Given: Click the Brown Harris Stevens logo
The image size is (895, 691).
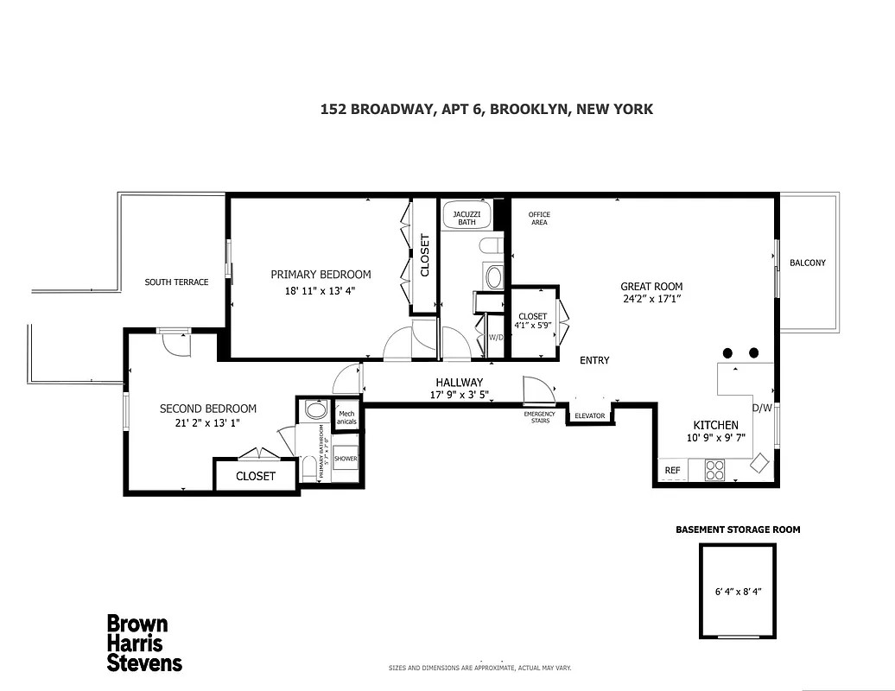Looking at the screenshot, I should [143, 643].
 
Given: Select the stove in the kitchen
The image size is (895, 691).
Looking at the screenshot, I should [715, 470].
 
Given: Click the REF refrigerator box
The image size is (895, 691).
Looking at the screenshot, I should [672, 471].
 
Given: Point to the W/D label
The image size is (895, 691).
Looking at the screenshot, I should [496, 338].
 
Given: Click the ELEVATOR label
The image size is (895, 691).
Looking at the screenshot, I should [589, 416].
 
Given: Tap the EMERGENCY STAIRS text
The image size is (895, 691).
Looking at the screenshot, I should [539, 418].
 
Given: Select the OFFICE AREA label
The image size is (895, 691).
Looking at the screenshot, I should [539, 219].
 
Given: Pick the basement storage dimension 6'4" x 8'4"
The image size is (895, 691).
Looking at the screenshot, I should [736, 593].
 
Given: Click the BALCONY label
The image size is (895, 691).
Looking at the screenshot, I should [808, 263].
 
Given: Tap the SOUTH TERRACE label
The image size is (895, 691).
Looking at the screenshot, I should [176, 282].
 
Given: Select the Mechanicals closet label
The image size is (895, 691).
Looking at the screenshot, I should [346, 418].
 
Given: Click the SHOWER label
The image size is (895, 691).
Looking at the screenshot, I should [346, 460].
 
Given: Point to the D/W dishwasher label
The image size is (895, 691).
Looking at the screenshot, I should [761, 408].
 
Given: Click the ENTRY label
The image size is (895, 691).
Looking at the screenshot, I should [594, 360].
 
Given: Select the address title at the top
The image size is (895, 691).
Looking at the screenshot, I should [486, 109].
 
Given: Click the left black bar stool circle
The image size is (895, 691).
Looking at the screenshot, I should [728, 352].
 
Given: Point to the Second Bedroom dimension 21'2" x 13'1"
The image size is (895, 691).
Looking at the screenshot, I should [208, 423].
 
